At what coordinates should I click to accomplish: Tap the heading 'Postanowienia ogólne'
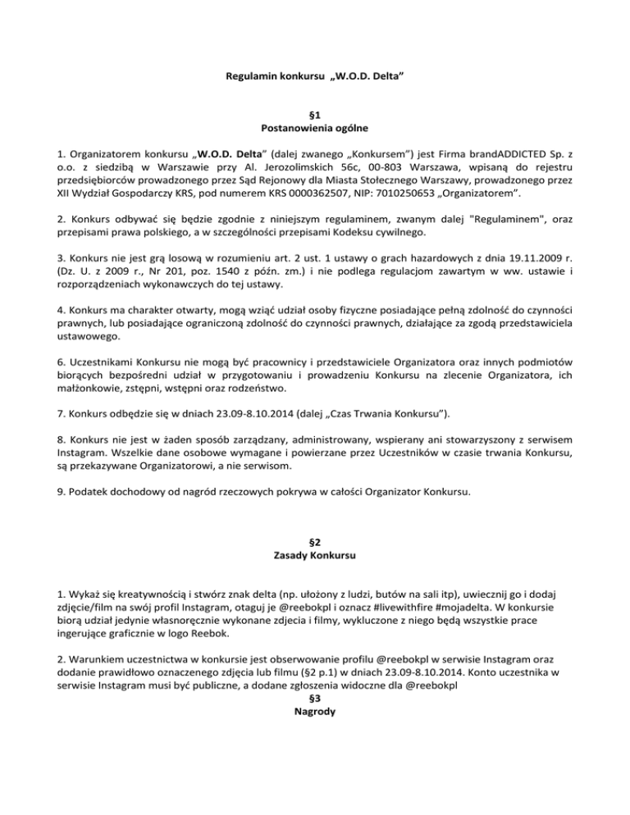pyautogui.click(x=315, y=129)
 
